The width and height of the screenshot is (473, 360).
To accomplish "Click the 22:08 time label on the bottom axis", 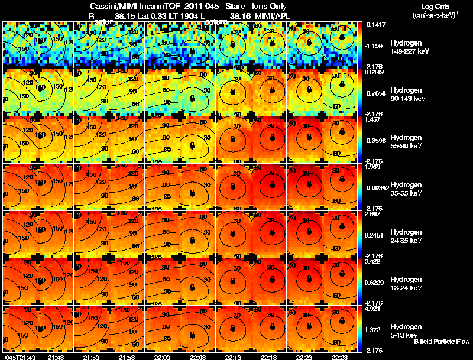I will (x=197, y=357).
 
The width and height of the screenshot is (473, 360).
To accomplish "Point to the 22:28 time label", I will (x=339, y=357).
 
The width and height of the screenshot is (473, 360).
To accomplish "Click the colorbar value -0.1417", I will (x=375, y=25).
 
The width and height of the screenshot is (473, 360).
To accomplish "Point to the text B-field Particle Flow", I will (x=442, y=342).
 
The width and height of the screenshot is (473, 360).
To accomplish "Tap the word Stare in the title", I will (x=235, y=6).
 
